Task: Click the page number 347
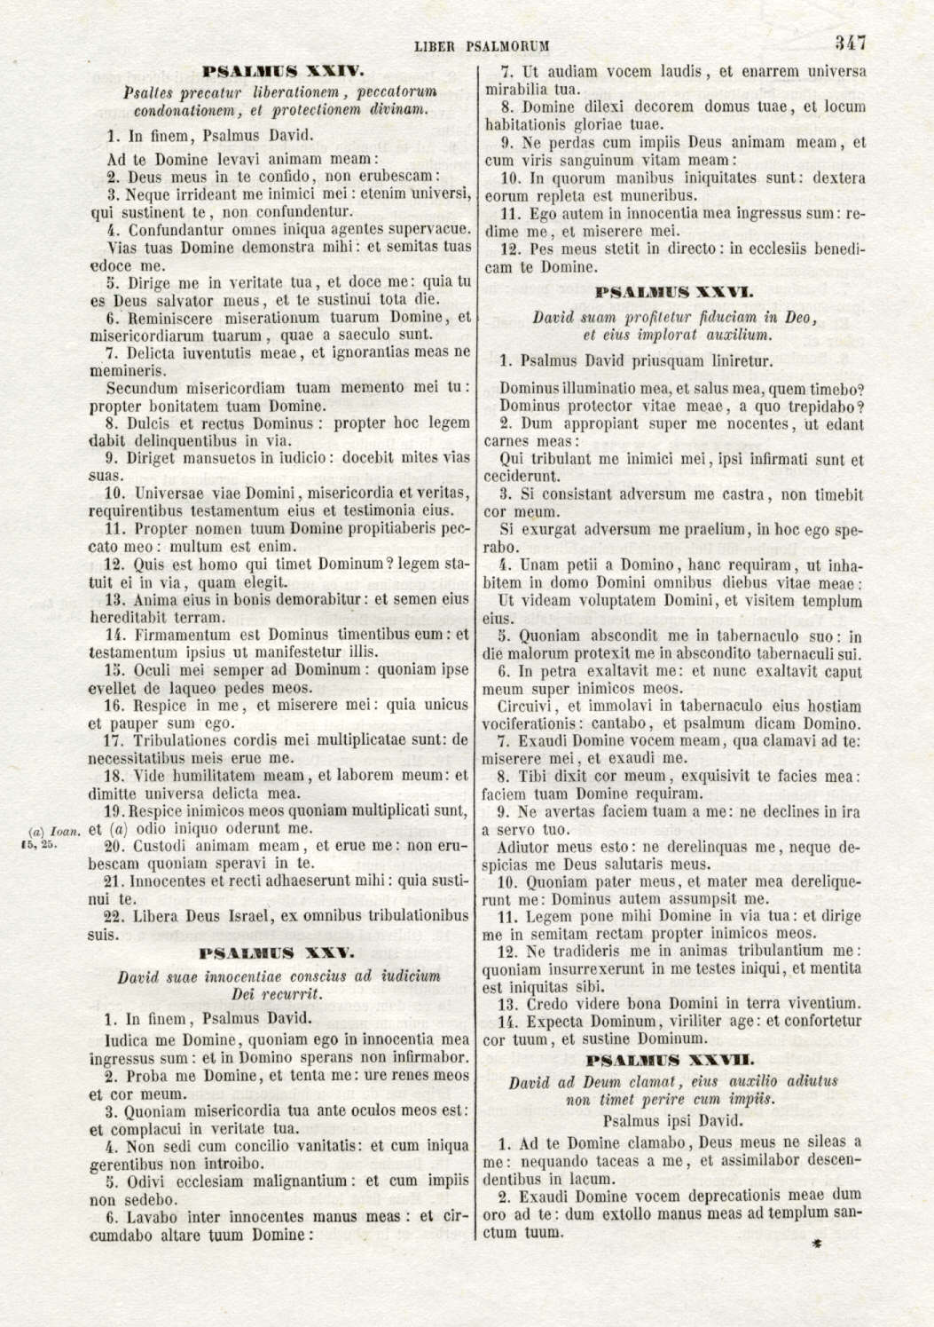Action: [849, 43]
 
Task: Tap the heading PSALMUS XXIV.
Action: [279, 69]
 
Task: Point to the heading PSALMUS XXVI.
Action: [674, 289]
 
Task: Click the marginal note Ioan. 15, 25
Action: [53, 837]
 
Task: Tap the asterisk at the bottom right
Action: [815, 1245]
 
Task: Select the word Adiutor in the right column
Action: [526, 846]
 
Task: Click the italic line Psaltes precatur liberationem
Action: [279, 92]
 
